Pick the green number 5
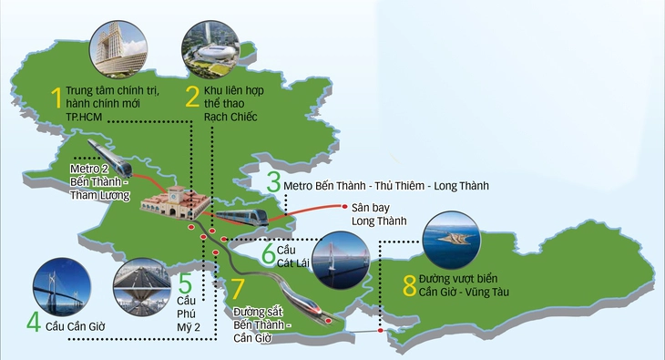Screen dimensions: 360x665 [185, 283]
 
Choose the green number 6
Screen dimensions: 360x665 [269, 252]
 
